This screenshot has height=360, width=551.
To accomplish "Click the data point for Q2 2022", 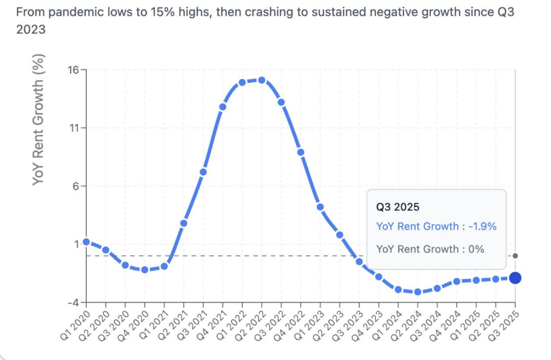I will [262, 80].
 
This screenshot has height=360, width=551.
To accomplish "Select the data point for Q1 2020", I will [86, 242].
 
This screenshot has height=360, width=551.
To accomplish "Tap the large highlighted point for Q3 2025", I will [515, 278].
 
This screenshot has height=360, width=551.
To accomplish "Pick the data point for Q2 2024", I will [418, 292].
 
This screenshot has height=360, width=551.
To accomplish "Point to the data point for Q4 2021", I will [223, 107].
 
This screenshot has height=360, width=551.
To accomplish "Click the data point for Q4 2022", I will [301, 152].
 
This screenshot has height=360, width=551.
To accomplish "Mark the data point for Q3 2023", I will [359, 261].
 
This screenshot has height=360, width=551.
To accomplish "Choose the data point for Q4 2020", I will [145, 270].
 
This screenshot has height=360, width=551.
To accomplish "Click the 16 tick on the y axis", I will [73, 70].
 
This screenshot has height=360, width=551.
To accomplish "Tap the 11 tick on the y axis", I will [74, 128].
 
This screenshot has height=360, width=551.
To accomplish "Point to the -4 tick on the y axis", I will [73, 302].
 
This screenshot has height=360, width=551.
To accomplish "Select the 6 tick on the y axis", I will [75, 186].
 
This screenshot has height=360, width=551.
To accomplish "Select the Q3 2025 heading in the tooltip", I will [398, 206].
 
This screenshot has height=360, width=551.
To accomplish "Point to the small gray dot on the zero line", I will [515, 256].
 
